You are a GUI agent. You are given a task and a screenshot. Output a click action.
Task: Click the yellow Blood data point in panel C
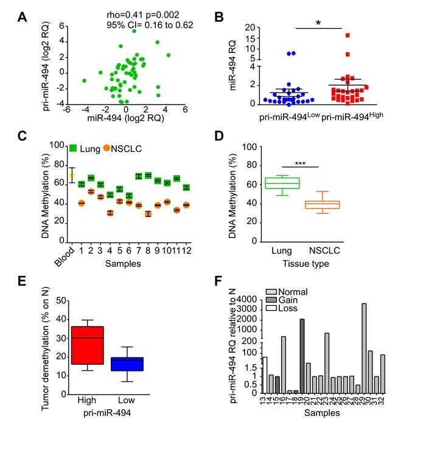pos(71,175)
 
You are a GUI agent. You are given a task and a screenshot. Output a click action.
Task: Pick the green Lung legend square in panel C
pos(73,147)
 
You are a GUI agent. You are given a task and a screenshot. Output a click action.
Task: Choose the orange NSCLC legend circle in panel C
pos(106,147)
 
